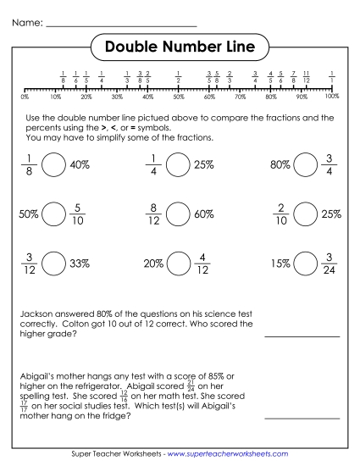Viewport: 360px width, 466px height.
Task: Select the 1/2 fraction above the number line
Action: click(178, 78)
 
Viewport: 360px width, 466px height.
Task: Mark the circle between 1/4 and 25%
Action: click(176, 165)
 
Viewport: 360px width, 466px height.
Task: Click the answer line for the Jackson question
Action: click(302, 336)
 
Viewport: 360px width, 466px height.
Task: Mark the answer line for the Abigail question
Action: click(302, 418)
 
